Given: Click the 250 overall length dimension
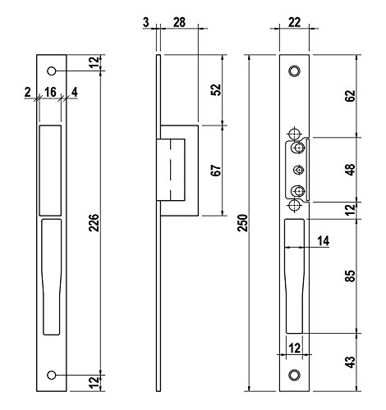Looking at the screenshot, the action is click(x=242, y=223).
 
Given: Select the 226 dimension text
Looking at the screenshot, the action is click(x=94, y=223).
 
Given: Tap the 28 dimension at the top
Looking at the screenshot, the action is click(x=179, y=22).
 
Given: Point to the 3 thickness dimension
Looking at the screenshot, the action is click(x=146, y=22).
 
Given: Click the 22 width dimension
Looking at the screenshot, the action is click(x=295, y=22).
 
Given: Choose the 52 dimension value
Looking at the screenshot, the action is click(x=216, y=89).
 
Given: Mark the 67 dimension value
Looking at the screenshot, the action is click(x=216, y=171).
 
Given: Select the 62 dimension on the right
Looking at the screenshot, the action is click(x=350, y=96).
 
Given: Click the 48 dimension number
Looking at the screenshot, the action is click(x=350, y=170).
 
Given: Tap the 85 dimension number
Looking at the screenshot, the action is click(x=350, y=276).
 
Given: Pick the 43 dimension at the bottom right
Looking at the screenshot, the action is click(x=350, y=362).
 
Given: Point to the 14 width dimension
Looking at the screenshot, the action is click(x=324, y=241).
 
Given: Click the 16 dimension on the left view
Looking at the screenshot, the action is click(x=50, y=92).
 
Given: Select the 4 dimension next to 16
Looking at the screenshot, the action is click(x=74, y=92).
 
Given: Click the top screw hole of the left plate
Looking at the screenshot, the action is click(x=51, y=71).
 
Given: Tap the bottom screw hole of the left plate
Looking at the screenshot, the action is click(x=51, y=375).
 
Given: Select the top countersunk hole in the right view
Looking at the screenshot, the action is click(x=295, y=71).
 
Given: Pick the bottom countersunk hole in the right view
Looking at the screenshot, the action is click(x=295, y=375).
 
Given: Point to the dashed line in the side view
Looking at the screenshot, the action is click(x=170, y=170).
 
